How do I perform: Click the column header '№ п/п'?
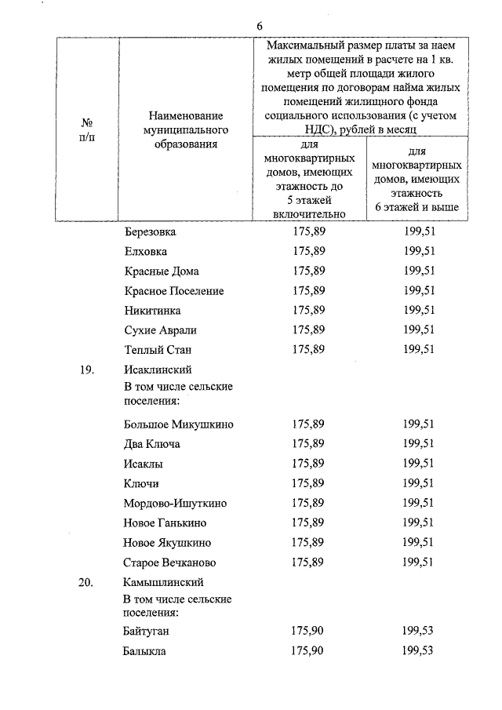[x=88, y=130]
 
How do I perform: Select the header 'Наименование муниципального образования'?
[x=184, y=130]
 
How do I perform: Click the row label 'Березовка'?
[x=151, y=232]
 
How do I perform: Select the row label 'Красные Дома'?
[x=162, y=271]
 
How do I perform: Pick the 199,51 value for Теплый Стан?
[x=419, y=350]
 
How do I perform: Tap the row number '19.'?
[x=87, y=370]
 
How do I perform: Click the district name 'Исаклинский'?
[x=158, y=370]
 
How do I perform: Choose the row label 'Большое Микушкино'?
[x=179, y=424]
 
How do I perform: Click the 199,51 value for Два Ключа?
[x=419, y=444]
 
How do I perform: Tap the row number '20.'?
[x=87, y=583]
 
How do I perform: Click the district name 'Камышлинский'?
[x=164, y=583]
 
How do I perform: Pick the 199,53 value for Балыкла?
[x=419, y=651]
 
